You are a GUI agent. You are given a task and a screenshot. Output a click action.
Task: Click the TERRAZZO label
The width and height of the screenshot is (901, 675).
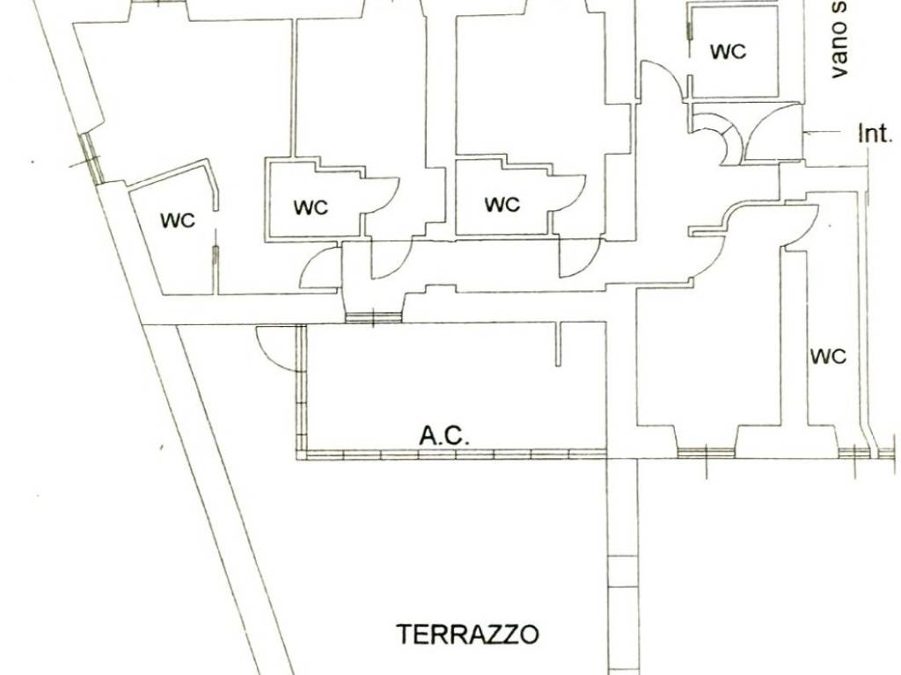click(x=467, y=634)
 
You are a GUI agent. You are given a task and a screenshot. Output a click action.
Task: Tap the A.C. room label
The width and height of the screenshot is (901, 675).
click(x=445, y=434)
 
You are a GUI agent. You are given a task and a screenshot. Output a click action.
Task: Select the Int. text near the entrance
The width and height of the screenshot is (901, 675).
click(x=875, y=134)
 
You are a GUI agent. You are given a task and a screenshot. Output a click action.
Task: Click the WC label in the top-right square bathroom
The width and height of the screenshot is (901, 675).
click(x=728, y=52)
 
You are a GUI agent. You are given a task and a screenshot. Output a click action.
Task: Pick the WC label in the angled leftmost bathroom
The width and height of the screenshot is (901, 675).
click(x=178, y=220)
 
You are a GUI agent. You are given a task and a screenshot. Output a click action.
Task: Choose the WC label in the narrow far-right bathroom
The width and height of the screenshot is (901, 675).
click(x=827, y=356)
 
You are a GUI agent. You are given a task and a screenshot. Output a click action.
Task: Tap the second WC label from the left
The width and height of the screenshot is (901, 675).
click(x=311, y=207)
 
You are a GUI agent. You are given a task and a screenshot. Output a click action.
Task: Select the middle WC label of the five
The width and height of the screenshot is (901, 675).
click(x=502, y=205)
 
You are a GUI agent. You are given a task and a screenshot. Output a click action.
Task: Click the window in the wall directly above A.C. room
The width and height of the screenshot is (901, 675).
click(x=373, y=317)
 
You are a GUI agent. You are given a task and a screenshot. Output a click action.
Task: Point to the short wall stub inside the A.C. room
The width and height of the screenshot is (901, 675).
click(x=558, y=344)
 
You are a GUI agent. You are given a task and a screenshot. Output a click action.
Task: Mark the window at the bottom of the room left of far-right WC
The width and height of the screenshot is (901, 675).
click(x=706, y=452)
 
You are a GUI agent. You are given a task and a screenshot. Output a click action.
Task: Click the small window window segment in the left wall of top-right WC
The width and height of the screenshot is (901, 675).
click(x=690, y=26)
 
